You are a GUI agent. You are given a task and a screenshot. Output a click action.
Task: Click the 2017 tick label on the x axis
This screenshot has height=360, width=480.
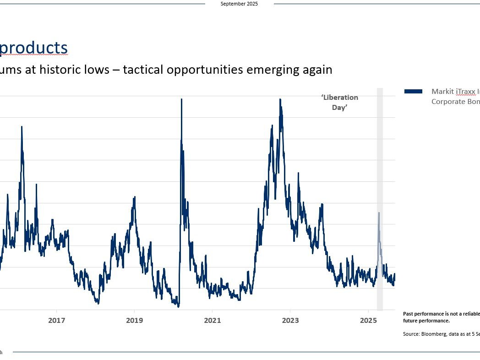click(x=56, y=321)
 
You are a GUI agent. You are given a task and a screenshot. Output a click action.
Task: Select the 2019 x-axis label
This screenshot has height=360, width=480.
click(x=134, y=321)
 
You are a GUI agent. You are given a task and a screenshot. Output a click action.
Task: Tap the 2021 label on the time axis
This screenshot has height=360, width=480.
click(x=213, y=321)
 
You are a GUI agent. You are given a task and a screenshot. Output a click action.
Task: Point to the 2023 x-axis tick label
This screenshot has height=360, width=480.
click(x=290, y=321)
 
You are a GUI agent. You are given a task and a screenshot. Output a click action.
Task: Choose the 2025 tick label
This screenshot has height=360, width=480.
click(x=368, y=321)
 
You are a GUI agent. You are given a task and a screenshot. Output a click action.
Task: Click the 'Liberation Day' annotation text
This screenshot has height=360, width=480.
click(x=339, y=103)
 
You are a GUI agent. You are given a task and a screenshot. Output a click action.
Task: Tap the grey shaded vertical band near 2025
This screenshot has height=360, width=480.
click(x=380, y=160)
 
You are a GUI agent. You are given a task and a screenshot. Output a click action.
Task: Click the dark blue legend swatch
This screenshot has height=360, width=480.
click(x=413, y=92)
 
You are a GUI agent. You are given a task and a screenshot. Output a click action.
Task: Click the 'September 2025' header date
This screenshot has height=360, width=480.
click(x=239, y=4)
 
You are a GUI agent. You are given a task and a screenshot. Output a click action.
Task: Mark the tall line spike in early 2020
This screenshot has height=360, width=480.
click(x=181, y=100)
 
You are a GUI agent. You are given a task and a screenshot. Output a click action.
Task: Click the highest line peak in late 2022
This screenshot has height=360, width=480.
click(x=280, y=100)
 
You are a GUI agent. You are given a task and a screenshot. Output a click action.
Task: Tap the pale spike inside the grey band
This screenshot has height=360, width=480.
click(x=379, y=213)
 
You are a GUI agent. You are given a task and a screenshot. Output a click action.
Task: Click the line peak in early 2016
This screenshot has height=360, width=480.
click(x=22, y=127)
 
